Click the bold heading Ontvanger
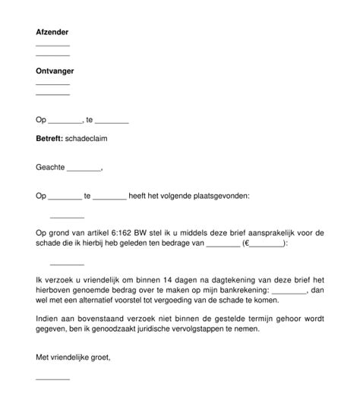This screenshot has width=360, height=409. [x=55, y=71]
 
